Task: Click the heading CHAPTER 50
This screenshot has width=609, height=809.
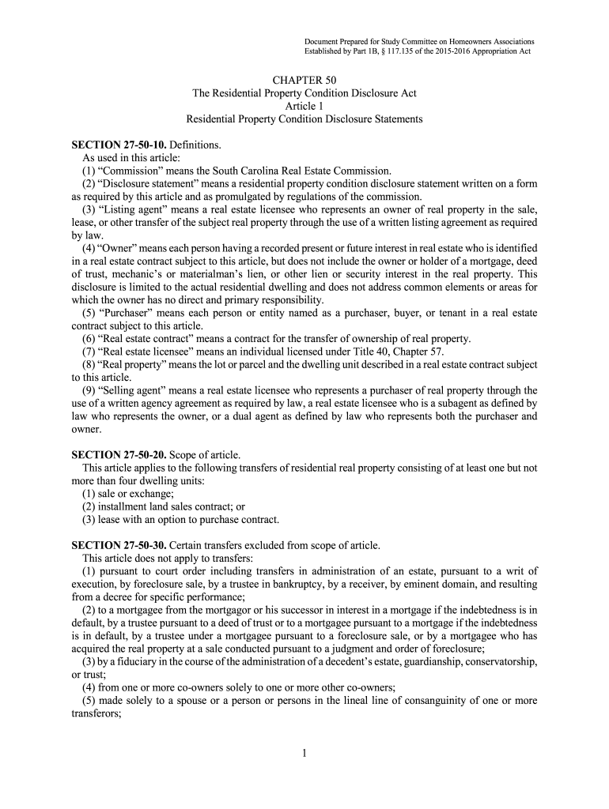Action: [304, 81]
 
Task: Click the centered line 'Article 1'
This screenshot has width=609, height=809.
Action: [304, 106]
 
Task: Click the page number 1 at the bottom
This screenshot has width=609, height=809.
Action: [304, 752]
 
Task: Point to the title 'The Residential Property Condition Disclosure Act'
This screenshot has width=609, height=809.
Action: [304, 93]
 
